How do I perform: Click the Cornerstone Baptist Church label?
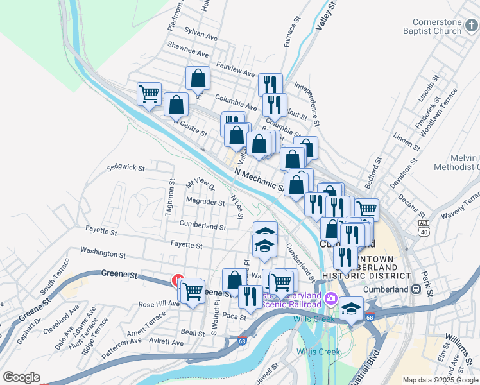pyautogui.click(x=432, y=26)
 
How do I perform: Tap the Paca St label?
pyautogui.click(x=235, y=316)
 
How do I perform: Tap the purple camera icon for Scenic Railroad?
pyautogui.click(x=330, y=298)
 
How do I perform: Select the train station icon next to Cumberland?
pyautogui.click(x=416, y=289)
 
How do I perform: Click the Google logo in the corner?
pyautogui.click(x=21, y=377)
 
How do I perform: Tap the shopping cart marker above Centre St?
pyautogui.click(x=149, y=94)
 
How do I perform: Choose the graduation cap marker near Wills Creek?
pyautogui.click(x=351, y=309)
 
